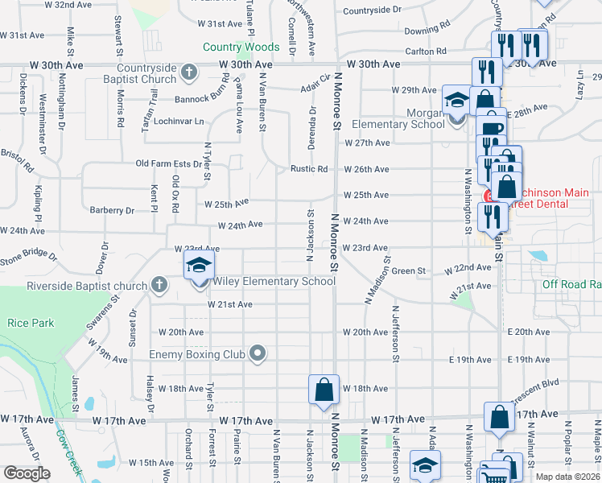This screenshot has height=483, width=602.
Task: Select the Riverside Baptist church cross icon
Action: tap(159, 286)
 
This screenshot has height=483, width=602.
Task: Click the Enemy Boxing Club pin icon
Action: tap(257, 353)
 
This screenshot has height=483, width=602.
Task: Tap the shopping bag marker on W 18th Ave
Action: tap(324, 390)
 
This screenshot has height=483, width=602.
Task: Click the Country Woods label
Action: tap(241, 47)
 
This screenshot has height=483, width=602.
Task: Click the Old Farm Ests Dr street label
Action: tap(169, 163)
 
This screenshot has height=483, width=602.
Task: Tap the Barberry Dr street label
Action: tap(112, 210)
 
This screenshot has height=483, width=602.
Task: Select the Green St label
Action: tap(409, 271)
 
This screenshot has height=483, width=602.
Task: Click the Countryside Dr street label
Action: tap(372, 10)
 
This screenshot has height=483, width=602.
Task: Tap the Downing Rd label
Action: tap(427, 29)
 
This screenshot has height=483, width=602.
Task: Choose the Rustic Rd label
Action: tap(309, 169)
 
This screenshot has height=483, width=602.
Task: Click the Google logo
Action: tap(27, 473)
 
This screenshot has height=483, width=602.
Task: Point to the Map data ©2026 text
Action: tap(567, 477)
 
